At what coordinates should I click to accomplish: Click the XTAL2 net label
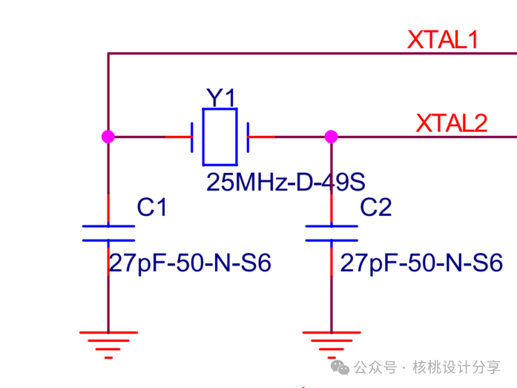452,122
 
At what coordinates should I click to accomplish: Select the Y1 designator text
220,97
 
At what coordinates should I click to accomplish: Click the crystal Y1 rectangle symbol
220,137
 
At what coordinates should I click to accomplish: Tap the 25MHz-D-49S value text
286,182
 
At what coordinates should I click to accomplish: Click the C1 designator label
152,208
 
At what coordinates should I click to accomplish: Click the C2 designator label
375,208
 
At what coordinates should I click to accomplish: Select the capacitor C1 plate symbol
108,232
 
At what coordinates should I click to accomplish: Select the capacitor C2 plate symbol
332,232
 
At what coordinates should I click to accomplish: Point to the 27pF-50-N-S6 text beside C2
421,263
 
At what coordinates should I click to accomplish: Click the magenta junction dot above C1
108,137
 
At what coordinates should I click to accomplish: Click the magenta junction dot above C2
332,137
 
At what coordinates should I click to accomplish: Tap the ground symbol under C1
108,343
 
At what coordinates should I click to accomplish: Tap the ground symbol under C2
332,343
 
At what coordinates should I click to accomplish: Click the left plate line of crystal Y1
193,137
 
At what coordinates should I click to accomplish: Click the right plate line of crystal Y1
248,137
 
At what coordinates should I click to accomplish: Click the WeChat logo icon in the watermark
339,367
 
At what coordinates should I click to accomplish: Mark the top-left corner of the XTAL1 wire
108,53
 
